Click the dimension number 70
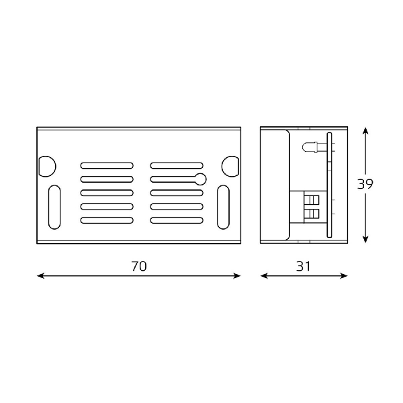pyautogui.click(x=139, y=266)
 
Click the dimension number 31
pyautogui.click(x=304, y=266)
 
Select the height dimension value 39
pyautogui.click(x=365, y=184)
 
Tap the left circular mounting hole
pyautogui.click(x=47, y=167)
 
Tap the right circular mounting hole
pyautogui.click(x=230, y=167)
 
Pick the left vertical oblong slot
pyautogui.click(x=54, y=207)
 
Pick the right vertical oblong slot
pyautogui.click(x=223, y=207)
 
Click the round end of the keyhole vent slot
pyautogui.click(x=200, y=179)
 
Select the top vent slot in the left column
pyautogui.click(x=107, y=165)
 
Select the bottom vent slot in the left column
pyautogui.click(x=107, y=220)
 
